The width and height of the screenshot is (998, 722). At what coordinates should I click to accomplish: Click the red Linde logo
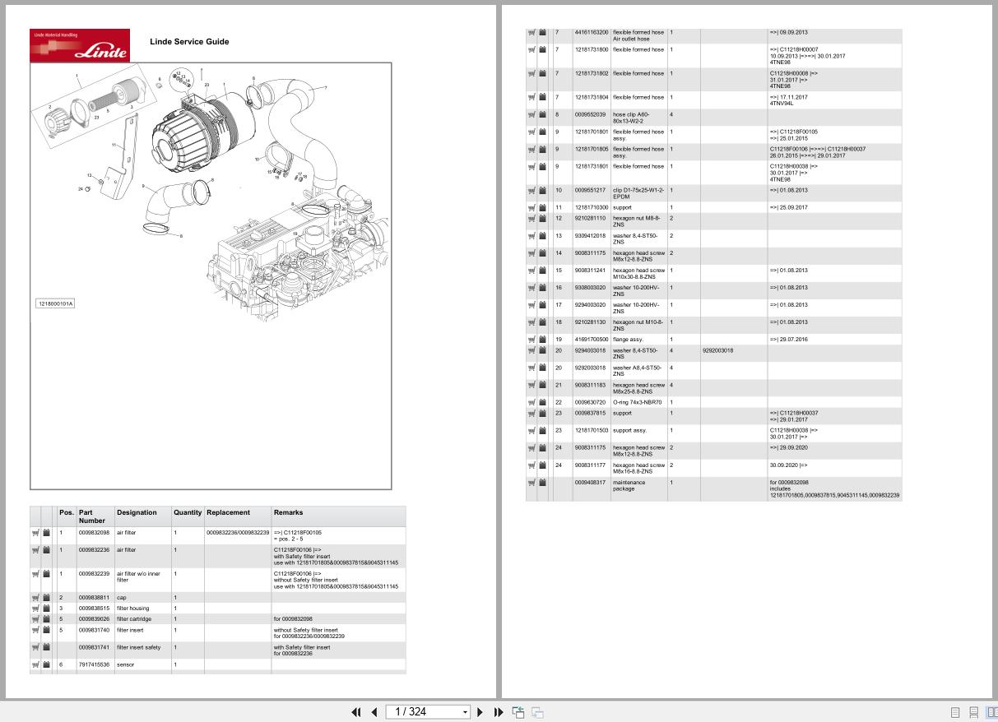click(80, 45)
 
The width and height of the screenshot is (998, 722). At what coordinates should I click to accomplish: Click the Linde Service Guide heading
click(189, 42)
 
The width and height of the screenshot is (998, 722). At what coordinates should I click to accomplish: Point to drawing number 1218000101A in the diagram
click(55, 304)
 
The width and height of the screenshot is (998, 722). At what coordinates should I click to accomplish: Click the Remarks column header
click(288, 512)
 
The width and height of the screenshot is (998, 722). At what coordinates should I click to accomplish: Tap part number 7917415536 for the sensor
click(94, 664)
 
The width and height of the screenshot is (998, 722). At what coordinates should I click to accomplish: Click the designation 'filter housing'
click(132, 609)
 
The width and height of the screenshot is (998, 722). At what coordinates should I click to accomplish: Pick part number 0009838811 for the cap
click(94, 598)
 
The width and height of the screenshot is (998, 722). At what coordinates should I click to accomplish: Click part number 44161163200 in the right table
click(592, 33)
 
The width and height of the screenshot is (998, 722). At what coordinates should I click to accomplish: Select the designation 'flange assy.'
click(628, 340)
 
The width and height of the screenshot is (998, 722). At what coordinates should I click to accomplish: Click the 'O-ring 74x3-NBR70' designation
click(637, 403)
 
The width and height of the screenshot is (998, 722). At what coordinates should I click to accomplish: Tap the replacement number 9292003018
click(717, 351)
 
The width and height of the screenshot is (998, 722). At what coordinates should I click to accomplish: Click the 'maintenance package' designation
click(629, 485)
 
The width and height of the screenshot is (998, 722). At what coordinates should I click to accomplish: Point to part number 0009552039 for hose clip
click(590, 115)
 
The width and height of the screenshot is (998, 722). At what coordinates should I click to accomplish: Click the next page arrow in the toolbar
click(480, 712)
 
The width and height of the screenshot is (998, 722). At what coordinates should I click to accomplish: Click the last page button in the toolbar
click(498, 712)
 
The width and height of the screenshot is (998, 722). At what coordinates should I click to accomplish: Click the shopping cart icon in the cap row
click(35, 598)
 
